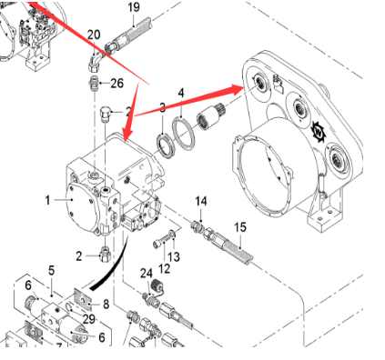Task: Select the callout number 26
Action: tap(117, 84)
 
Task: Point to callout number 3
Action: tap(163, 107)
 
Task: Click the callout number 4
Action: tap(181, 93)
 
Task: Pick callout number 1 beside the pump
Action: tap(48, 197)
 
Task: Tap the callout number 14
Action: tap(201, 200)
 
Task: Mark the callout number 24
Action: tap(147, 273)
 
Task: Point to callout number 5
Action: tap(52, 270)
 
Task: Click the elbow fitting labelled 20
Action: tap(94, 58)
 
